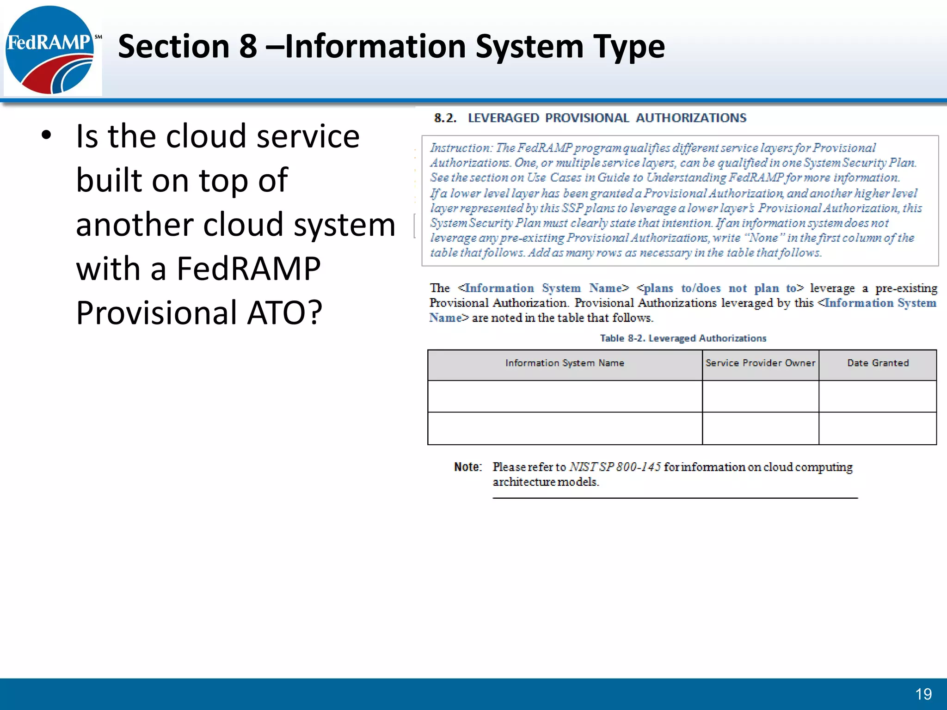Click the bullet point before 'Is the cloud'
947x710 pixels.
pyautogui.click(x=46, y=135)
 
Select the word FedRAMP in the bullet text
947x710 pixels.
pyautogui.click(x=248, y=269)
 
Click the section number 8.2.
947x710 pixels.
pyautogui.click(x=445, y=118)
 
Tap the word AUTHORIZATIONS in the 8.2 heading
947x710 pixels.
pyautogui.click(x=691, y=118)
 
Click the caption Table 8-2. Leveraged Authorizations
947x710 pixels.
pyautogui.click(x=683, y=338)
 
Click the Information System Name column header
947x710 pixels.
pyautogui.click(x=565, y=363)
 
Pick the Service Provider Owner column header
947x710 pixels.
pyautogui.click(x=760, y=363)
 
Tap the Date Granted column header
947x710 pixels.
pyautogui.click(x=878, y=363)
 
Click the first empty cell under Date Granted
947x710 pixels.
pyautogui.click(x=878, y=397)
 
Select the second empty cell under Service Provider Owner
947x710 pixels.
pyautogui.click(x=760, y=428)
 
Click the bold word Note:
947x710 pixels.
pyautogui.click(x=467, y=467)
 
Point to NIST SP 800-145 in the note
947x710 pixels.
pyautogui.click(x=615, y=467)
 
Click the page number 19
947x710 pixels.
pyautogui.click(x=923, y=694)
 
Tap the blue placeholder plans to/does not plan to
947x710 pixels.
pyautogui.click(x=720, y=288)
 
